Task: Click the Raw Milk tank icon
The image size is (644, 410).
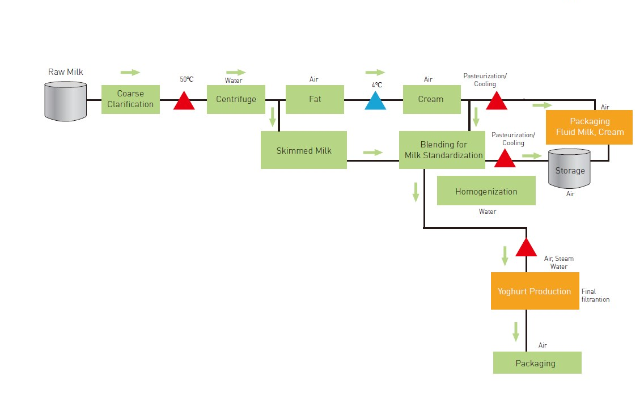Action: pyautogui.click(x=66, y=101)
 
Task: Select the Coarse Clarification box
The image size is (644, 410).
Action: pyautogui.click(x=130, y=99)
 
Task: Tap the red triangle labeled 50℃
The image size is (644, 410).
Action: pyautogui.click(x=184, y=102)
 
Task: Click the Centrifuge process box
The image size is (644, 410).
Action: pyautogui.click(x=236, y=99)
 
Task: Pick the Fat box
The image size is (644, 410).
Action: pyautogui.click(x=315, y=99)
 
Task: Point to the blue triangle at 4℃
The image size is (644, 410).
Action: pyautogui.click(x=375, y=102)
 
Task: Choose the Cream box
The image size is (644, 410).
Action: pyautogui.click(x=431, y=99)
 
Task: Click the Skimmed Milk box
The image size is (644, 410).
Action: pyautogui.click(x=304, y=150)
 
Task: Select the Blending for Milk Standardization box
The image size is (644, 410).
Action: pyautogui.click(x=442, y=150)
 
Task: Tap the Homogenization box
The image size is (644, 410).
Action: pyautogui.click(x=486, y=191)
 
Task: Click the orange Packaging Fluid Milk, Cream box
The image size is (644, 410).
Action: pyautogui.click(x=589, y=127)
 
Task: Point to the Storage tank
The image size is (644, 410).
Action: pyautogui.click(x=570, y=168)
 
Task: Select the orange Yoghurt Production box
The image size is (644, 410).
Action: pyautogui.click(x=535, y=291)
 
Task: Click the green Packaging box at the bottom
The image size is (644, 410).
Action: pyautogui.click(x=537, y=363)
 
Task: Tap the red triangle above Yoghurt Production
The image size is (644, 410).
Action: pyautogui.click(x=526, y=248)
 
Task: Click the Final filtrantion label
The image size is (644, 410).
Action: pyautogui.click(x=595, y=295)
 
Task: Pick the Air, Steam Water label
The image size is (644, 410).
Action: pyautogui.click(x=558, y=263)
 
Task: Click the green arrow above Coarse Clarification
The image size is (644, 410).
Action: pyautogui.click(x=130, y=73)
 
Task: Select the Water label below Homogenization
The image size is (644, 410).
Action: pyautogui.click(x=487, y=212)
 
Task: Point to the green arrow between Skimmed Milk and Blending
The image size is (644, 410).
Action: pyautogui.click(x=373, y=152)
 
